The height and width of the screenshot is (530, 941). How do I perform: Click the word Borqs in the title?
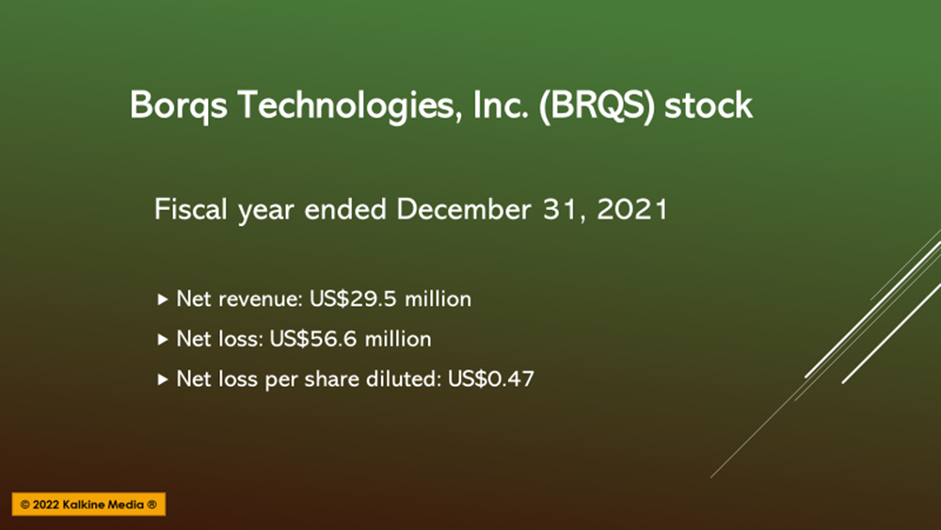click(179, 106)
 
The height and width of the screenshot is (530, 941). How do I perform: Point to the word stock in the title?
click(709, 105)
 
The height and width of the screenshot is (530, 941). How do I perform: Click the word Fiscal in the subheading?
click(191, 210)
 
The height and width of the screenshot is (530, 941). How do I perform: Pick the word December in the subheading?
click(464, 210)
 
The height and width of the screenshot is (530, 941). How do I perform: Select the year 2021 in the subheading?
click(632, 210)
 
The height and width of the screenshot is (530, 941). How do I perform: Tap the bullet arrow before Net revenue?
click(162, 299)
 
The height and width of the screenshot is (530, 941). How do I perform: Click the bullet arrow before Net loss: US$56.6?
click(162, 339)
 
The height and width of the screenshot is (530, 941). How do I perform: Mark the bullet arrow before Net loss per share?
click(162, 379)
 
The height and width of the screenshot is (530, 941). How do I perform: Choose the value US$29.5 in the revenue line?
click(352, 298)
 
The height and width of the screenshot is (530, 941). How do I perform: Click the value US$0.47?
click(491, 378)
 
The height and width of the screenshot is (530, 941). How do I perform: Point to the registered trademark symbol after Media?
click(152, 505)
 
